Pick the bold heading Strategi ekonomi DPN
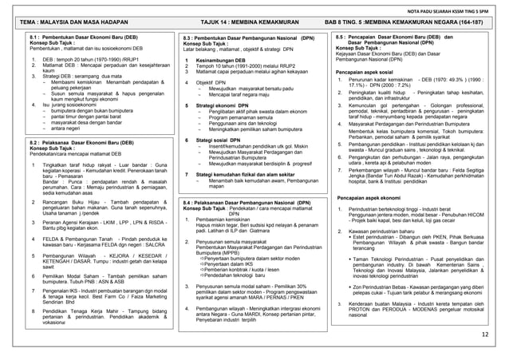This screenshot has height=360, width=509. tap(222, 105)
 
